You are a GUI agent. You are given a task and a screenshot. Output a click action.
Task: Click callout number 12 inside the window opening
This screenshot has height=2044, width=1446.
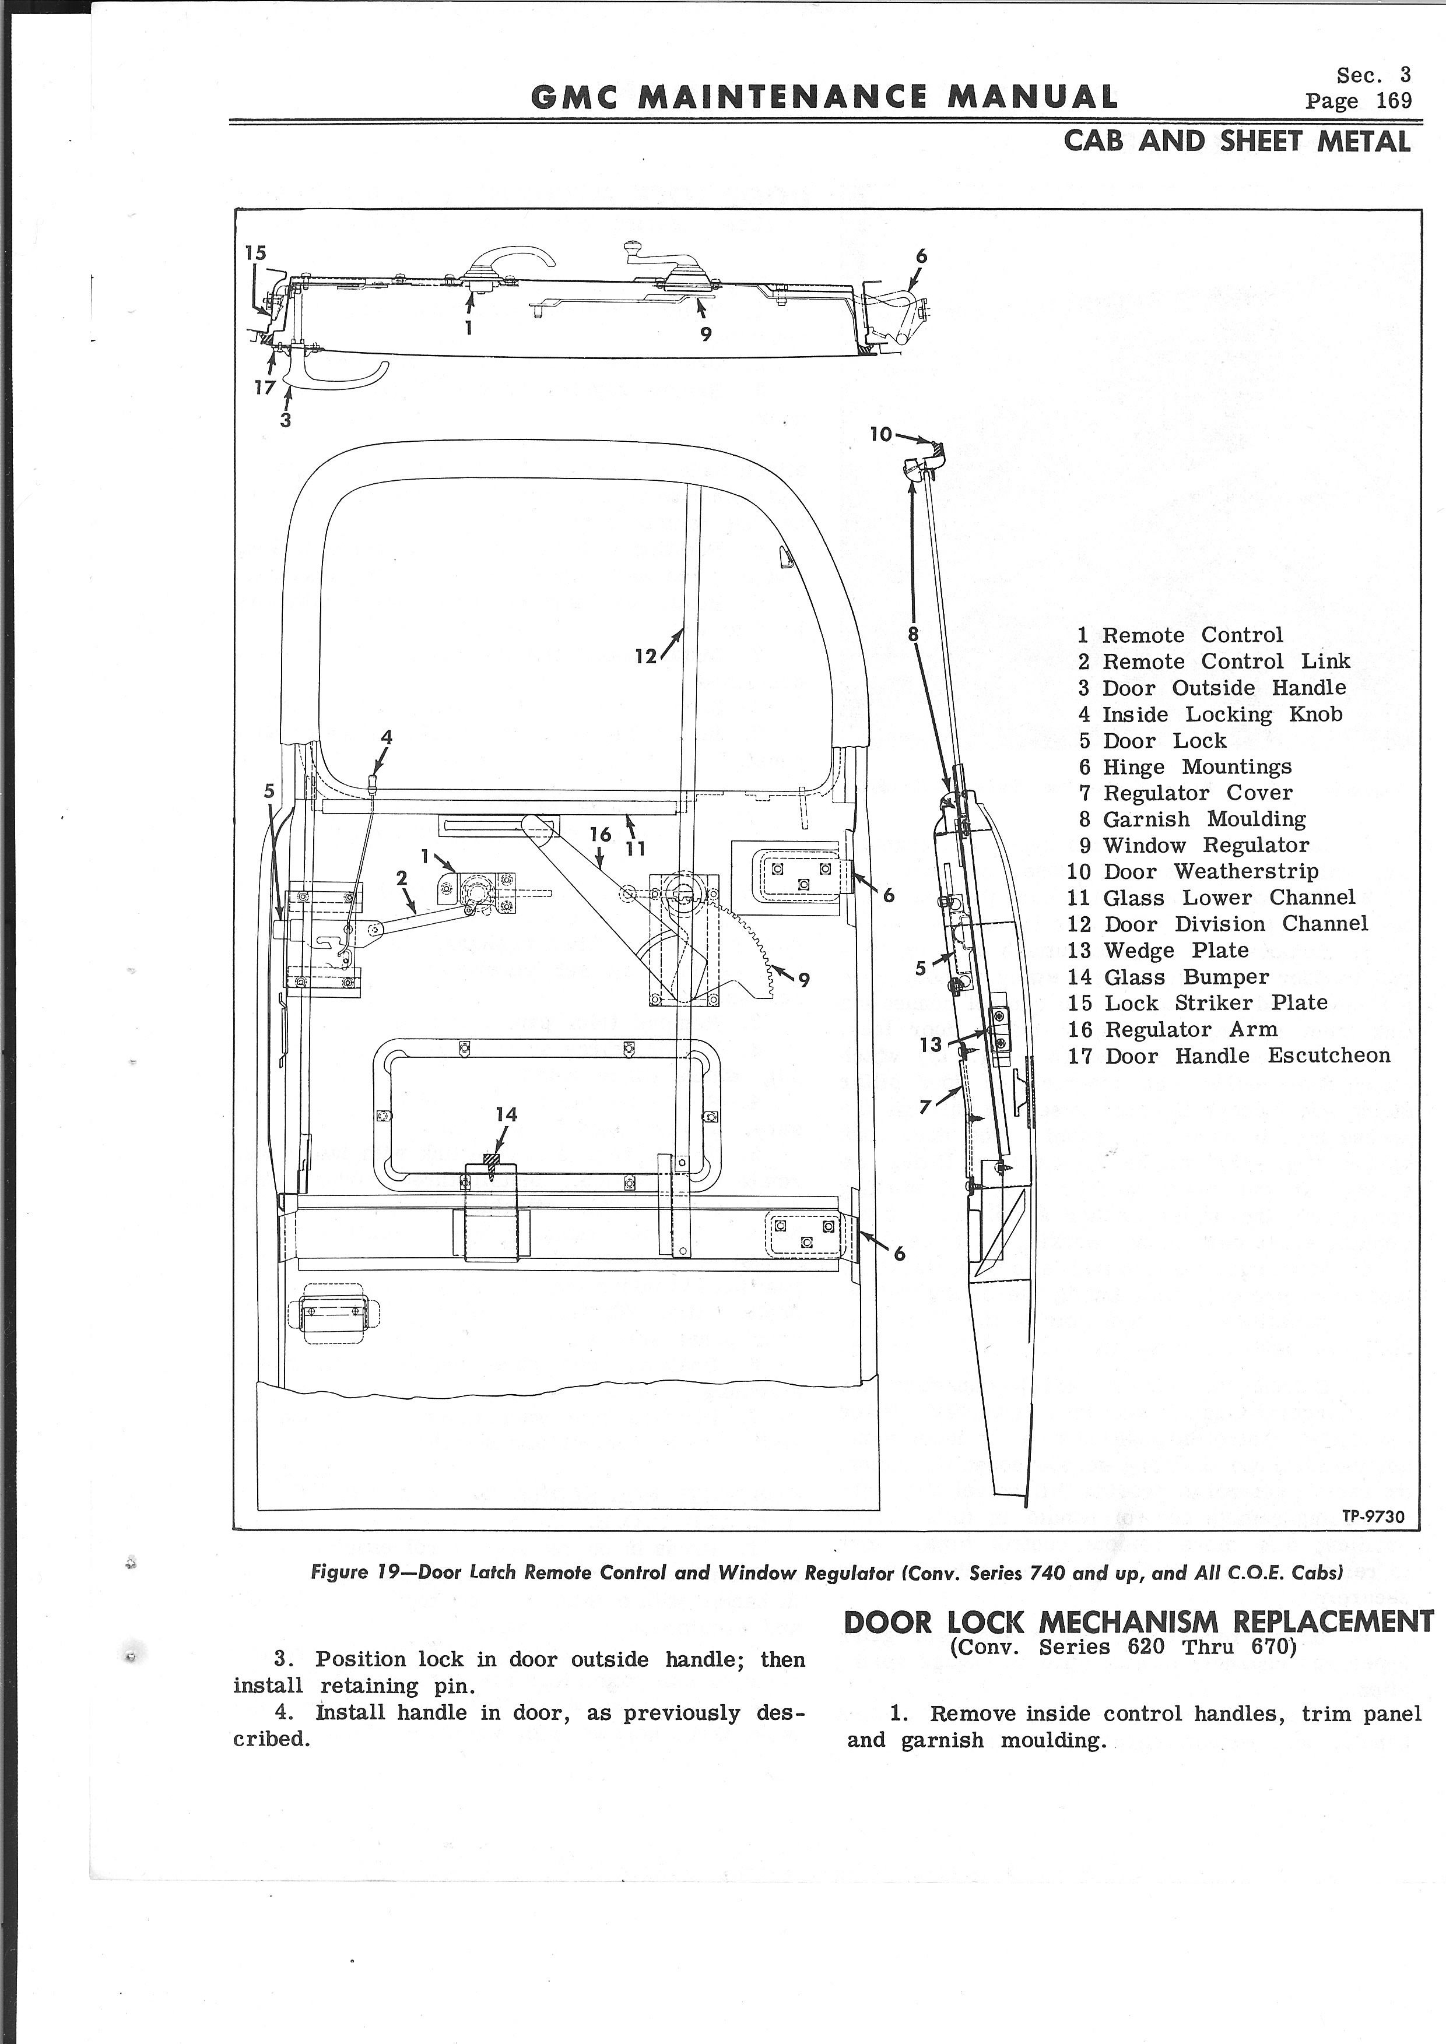point(645,656)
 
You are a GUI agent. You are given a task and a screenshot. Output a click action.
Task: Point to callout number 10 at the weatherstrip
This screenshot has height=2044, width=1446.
point(880,434)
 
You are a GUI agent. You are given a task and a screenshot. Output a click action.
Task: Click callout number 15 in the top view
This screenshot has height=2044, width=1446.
point(255,253)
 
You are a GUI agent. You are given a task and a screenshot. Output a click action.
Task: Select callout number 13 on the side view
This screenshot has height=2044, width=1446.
point(931,1044)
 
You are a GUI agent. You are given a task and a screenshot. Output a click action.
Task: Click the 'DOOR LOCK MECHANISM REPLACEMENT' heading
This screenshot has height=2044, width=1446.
point(1138,1622)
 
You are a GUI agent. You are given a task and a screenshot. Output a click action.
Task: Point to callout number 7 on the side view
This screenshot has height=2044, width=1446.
point(925,1107)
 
